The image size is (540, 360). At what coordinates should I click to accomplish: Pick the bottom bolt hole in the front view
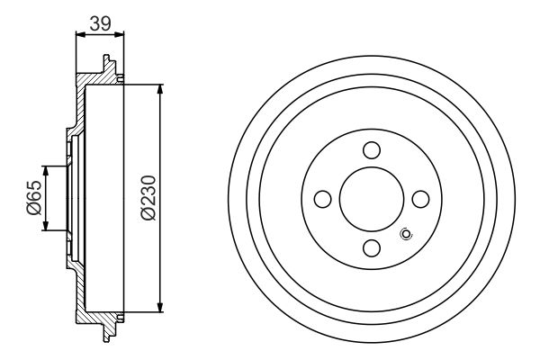[x=372, y=247]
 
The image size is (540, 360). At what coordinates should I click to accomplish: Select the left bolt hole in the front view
[x=323, y=199]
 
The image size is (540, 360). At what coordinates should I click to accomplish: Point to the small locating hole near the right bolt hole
[x=405, y=236]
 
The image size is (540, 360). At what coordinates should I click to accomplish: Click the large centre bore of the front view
[x=372, y=199]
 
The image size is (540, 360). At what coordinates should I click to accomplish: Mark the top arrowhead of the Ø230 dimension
[x=160, y=90]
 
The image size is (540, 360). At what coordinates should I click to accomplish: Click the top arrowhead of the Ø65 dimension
[x=45, y=171]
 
